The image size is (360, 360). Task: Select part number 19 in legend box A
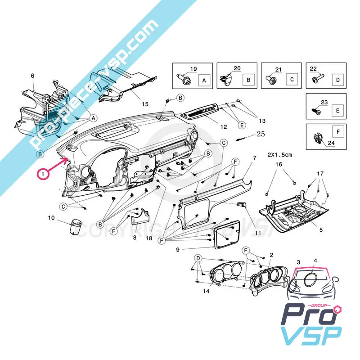click(193, 69)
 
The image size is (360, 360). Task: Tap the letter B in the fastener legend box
click(247, 80)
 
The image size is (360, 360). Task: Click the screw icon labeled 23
click(315, 109)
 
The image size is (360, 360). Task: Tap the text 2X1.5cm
click(280, 154)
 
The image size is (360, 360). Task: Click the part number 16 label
click(279, 165)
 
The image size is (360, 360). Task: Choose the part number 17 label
click(320, 173)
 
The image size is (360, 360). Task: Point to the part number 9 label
click(177, 249)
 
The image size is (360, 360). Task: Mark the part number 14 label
click(206, 291)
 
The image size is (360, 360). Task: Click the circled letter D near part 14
click(198, 258)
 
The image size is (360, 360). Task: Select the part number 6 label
click(32, 76)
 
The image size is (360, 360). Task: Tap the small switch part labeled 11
click(243, 204)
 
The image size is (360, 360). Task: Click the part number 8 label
click(134, 237)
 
